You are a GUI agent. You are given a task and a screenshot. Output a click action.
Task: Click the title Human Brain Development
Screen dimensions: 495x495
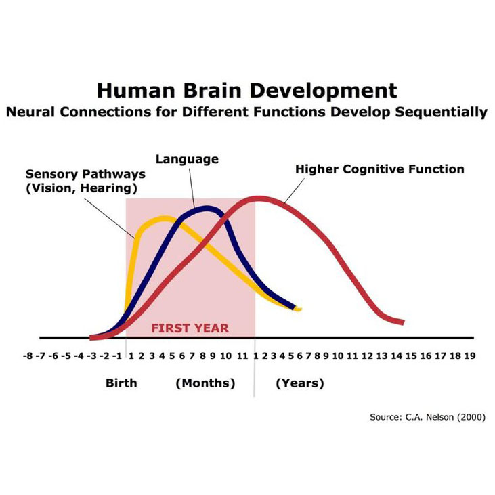(246, 91)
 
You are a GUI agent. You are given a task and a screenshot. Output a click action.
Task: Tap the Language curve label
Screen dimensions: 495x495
(187, 160)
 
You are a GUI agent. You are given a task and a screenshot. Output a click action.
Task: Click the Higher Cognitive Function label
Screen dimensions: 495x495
(380, 169)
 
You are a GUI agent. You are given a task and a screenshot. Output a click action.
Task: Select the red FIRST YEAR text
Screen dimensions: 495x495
(190, 328)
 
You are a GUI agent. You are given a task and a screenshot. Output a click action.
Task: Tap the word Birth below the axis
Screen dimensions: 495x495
(121, 383)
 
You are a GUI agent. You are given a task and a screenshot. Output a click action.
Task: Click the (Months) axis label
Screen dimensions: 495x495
(205, 383)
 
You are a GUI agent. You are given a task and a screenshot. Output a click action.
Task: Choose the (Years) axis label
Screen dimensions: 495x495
(300, 383)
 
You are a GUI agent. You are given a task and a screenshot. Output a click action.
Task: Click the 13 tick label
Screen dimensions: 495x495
(382, 356)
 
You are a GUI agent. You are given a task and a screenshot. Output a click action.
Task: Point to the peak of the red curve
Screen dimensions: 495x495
(257, 198)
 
